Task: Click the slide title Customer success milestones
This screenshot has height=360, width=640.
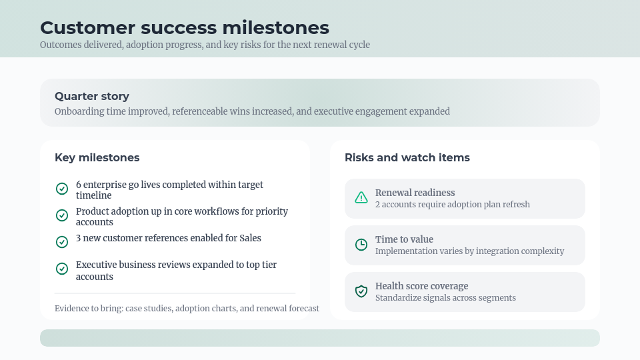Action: pyautogui.click(x=184, y=27)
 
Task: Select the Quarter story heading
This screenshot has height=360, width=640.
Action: pyautogui.click(x=92, y=96)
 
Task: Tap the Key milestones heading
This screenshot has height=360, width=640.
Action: pyautogui.click(x=97, y=157)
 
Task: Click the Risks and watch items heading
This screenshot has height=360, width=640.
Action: pyautogui.click(x=407, y=157)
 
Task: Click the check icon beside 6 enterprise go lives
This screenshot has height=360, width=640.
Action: pyautogui.click(x=62, y=189)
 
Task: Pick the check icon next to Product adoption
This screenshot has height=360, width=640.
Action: pyautogui.click(x=62, y=215)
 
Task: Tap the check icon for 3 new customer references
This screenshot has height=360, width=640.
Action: pyautogui.click(x=62, y=242)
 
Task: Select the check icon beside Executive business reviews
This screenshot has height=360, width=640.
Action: pyautogui.click(x=62, y=269)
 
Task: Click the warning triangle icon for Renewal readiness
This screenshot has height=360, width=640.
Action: pyautogui.click(x=361, y=197)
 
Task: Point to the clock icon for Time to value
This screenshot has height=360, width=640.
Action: pyautogui.click(x=361, y=244)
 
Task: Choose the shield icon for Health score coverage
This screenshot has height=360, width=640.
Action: pyautogui.click(x=361, y=291)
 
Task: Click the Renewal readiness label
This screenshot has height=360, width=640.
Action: pyautogui.click(x=415, y=193)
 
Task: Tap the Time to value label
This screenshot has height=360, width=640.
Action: pyautogui.click(x=404, y=239)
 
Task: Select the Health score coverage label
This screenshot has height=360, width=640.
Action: pyautogui.click(x=421, y=286)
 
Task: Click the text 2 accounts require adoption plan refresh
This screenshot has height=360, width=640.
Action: pyautogui.click(x=452, y=205)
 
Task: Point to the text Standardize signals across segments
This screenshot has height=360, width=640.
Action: pyautogui.click(x=445, y=298)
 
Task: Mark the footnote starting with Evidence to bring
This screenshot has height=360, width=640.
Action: pyautogui.click(x=187, y=309)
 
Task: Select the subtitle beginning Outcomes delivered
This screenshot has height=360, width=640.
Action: pyautogui.click(x=205, y=45)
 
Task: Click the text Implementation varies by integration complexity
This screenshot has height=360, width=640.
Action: pyautogui.click(x=469, y=251)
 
